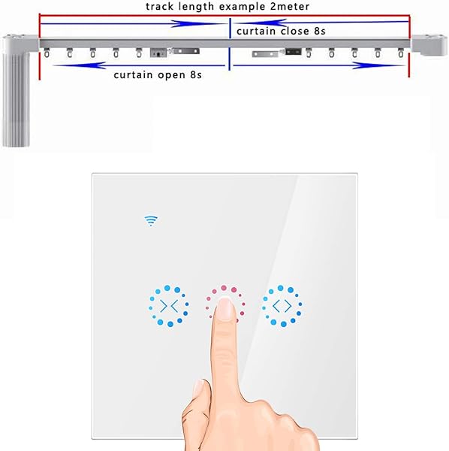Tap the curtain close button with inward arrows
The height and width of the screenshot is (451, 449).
point(169,305)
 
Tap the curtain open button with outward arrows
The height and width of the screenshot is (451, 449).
point(282,305)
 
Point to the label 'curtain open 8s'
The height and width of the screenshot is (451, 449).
point(157,75)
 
